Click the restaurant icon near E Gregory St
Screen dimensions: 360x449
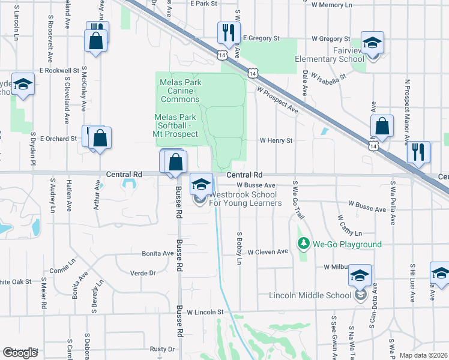point(228,34)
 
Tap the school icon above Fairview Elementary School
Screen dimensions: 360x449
point(372,43)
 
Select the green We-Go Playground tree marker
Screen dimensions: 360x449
point(304,244)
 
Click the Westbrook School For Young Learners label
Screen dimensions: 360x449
point(245,199)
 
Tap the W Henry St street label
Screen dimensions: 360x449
point(276,140)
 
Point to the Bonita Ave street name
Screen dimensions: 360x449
point(157,254)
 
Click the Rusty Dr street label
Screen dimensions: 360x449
point(162,349)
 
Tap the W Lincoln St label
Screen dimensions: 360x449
point(205,312)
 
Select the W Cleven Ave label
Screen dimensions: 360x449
point(268,252)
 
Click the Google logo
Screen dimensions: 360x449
point(20,353)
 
